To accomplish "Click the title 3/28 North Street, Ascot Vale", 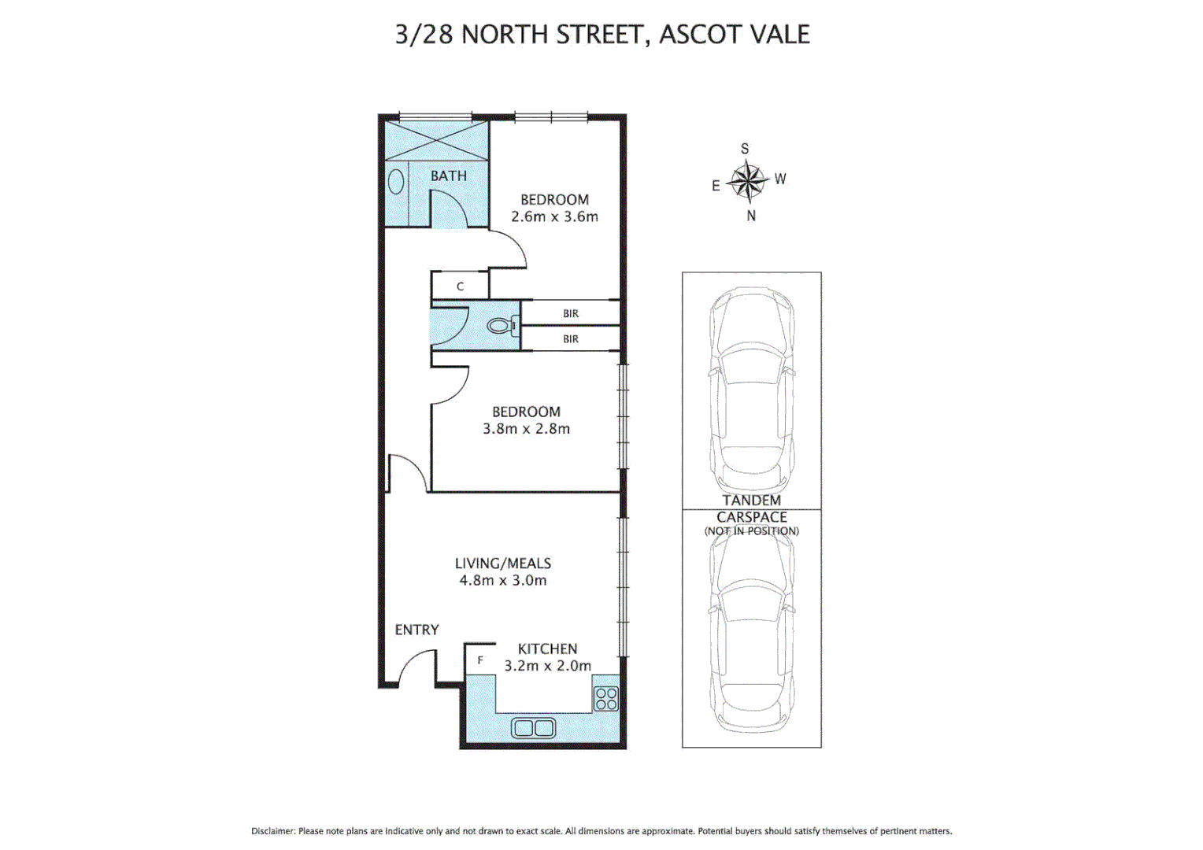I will [x=602, y=35].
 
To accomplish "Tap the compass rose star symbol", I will [x=746, y=181].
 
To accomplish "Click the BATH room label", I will [x=448, y=176].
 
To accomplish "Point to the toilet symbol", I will [x=502, y=324].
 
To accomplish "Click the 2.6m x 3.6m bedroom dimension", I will [x=554, y=216].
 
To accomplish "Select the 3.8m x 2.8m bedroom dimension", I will [x=526, y=429].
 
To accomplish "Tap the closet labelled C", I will [x=461, y=286].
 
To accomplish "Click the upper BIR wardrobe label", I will [x=571, y=313].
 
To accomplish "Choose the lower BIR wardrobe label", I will [x=571, y=339].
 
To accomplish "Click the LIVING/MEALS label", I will [x=502, y=564].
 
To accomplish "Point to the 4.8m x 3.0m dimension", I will [x=502, y=581].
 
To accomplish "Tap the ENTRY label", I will [x=416, y=630].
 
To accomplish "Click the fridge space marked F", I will [x=480, y=660].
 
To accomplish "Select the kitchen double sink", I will [x=533, y=728].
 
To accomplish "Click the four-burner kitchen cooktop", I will [x=606, y=699].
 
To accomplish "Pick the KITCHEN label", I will [x=547, y=649].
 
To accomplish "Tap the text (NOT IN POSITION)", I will [x=751, y=531].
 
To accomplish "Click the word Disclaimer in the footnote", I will [x=273, y=831].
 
